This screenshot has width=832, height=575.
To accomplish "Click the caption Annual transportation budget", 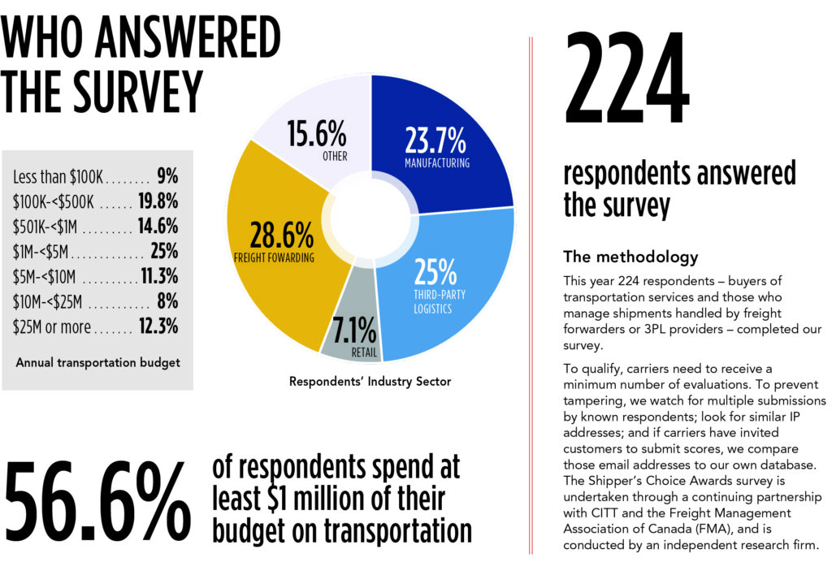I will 97,362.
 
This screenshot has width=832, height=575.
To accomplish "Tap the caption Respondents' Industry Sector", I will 370,380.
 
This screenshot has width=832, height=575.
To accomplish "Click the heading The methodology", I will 630,257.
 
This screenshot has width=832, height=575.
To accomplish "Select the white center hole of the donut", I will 370,218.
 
